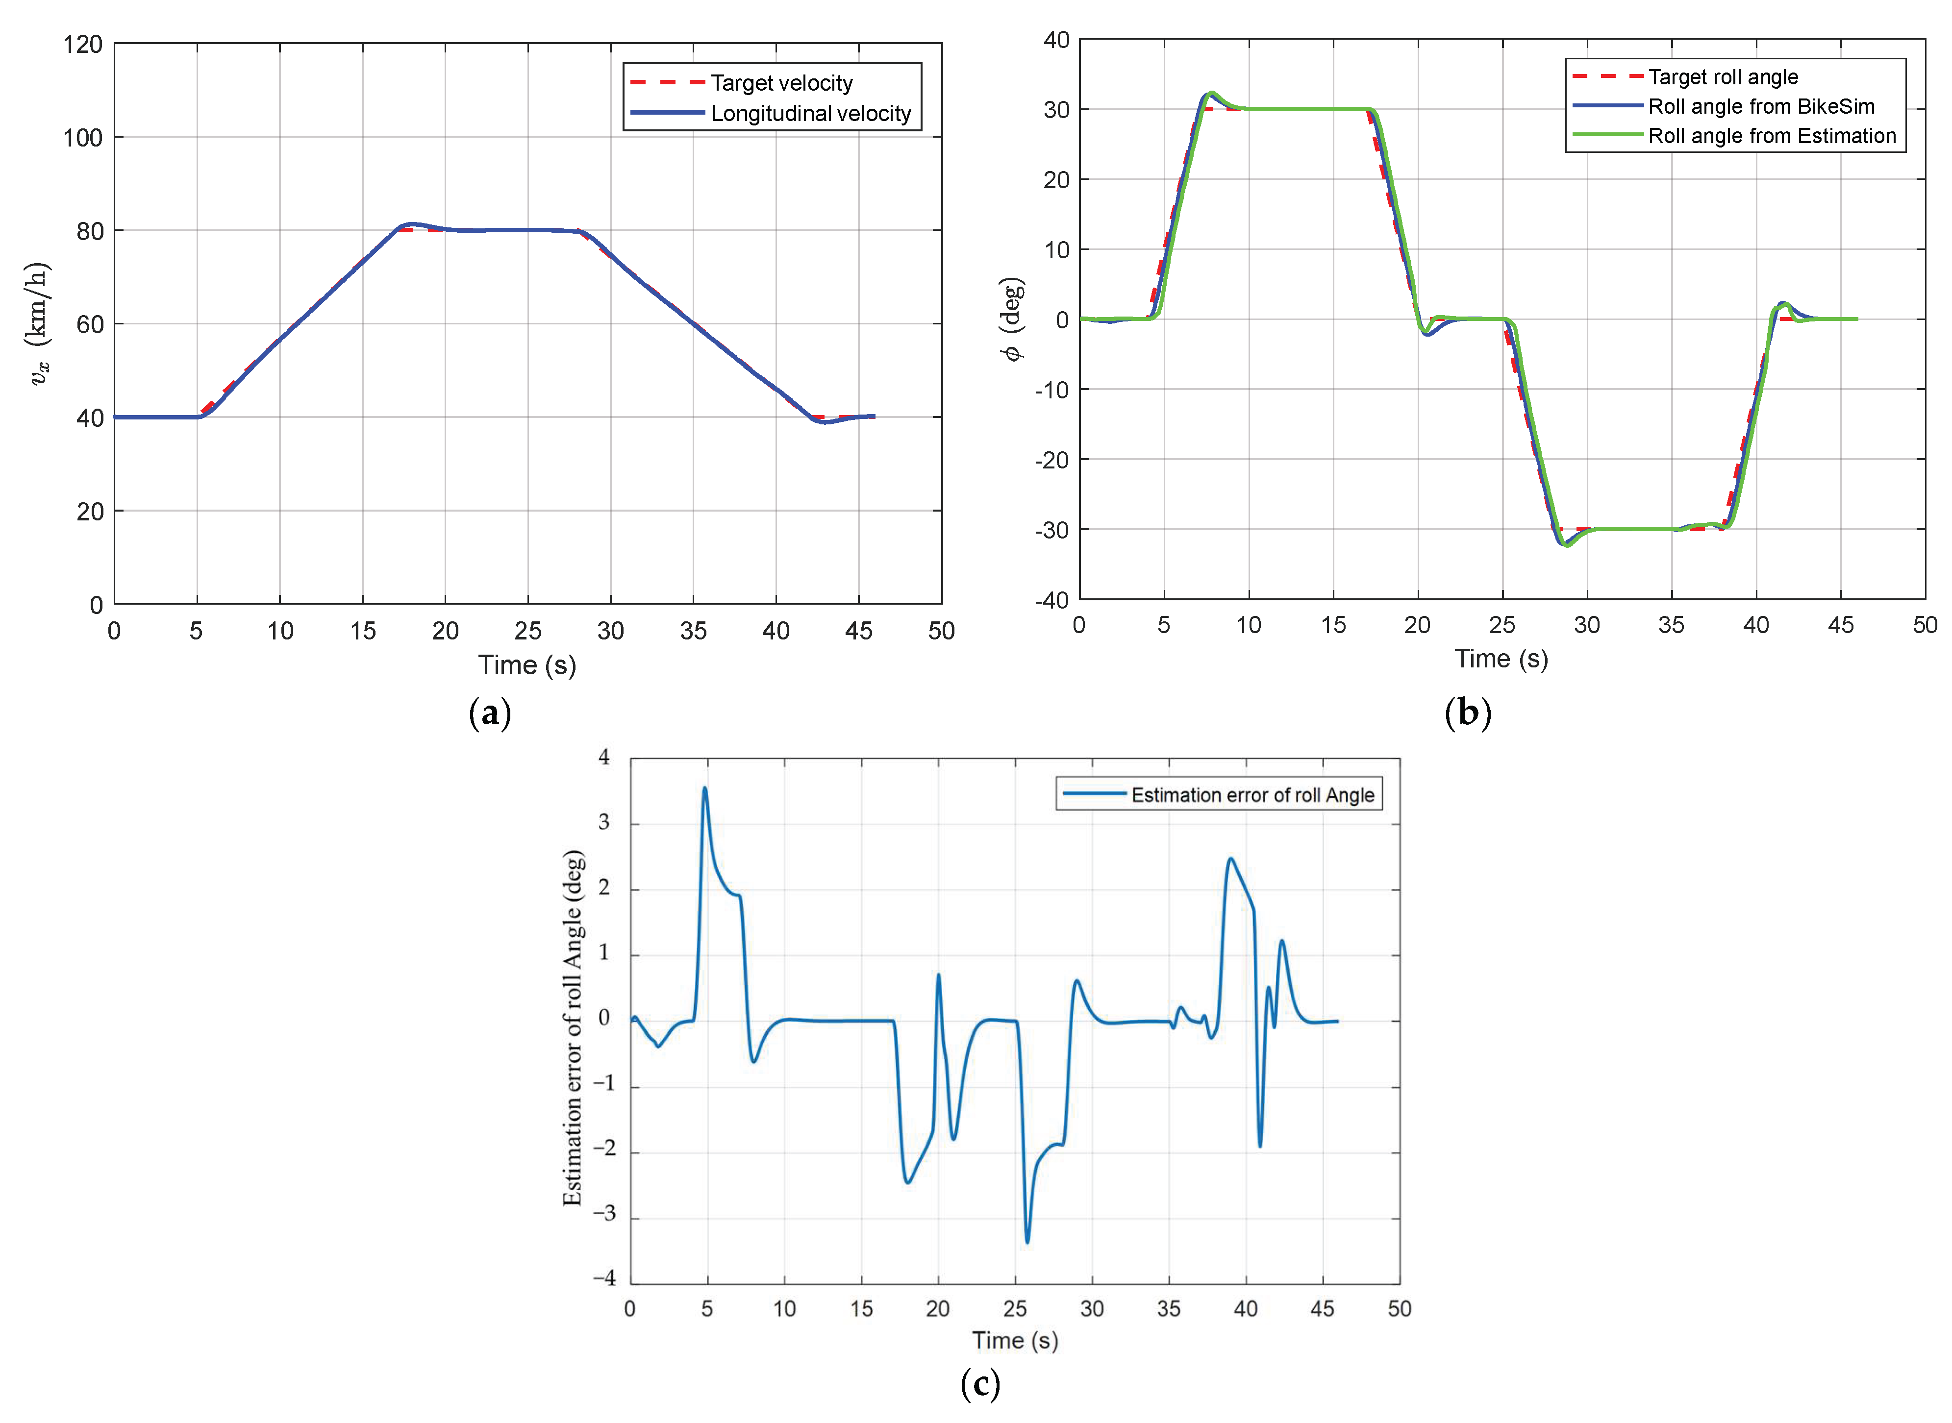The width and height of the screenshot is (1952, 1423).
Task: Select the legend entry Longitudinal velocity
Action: [810, 113]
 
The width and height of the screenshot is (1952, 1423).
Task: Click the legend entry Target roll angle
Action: [1722, 76]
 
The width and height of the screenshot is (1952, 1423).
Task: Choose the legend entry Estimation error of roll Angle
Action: [1251, 794]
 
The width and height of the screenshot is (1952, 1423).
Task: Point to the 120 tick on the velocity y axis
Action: [83, 44]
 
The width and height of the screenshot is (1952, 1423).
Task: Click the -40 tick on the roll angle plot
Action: [1051, 600]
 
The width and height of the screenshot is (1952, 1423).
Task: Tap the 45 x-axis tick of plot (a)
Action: [858, 632]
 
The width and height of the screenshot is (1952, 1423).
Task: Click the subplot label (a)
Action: [490, 713]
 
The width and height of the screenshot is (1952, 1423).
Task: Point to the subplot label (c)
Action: [980, 1384]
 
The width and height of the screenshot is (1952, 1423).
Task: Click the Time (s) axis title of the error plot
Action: [1014, 1340]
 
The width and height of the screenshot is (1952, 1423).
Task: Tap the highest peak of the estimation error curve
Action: [705, 787]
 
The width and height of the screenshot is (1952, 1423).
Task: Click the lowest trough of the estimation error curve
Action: [1027, 1241]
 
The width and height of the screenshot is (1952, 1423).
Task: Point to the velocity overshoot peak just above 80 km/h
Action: [412, 224]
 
